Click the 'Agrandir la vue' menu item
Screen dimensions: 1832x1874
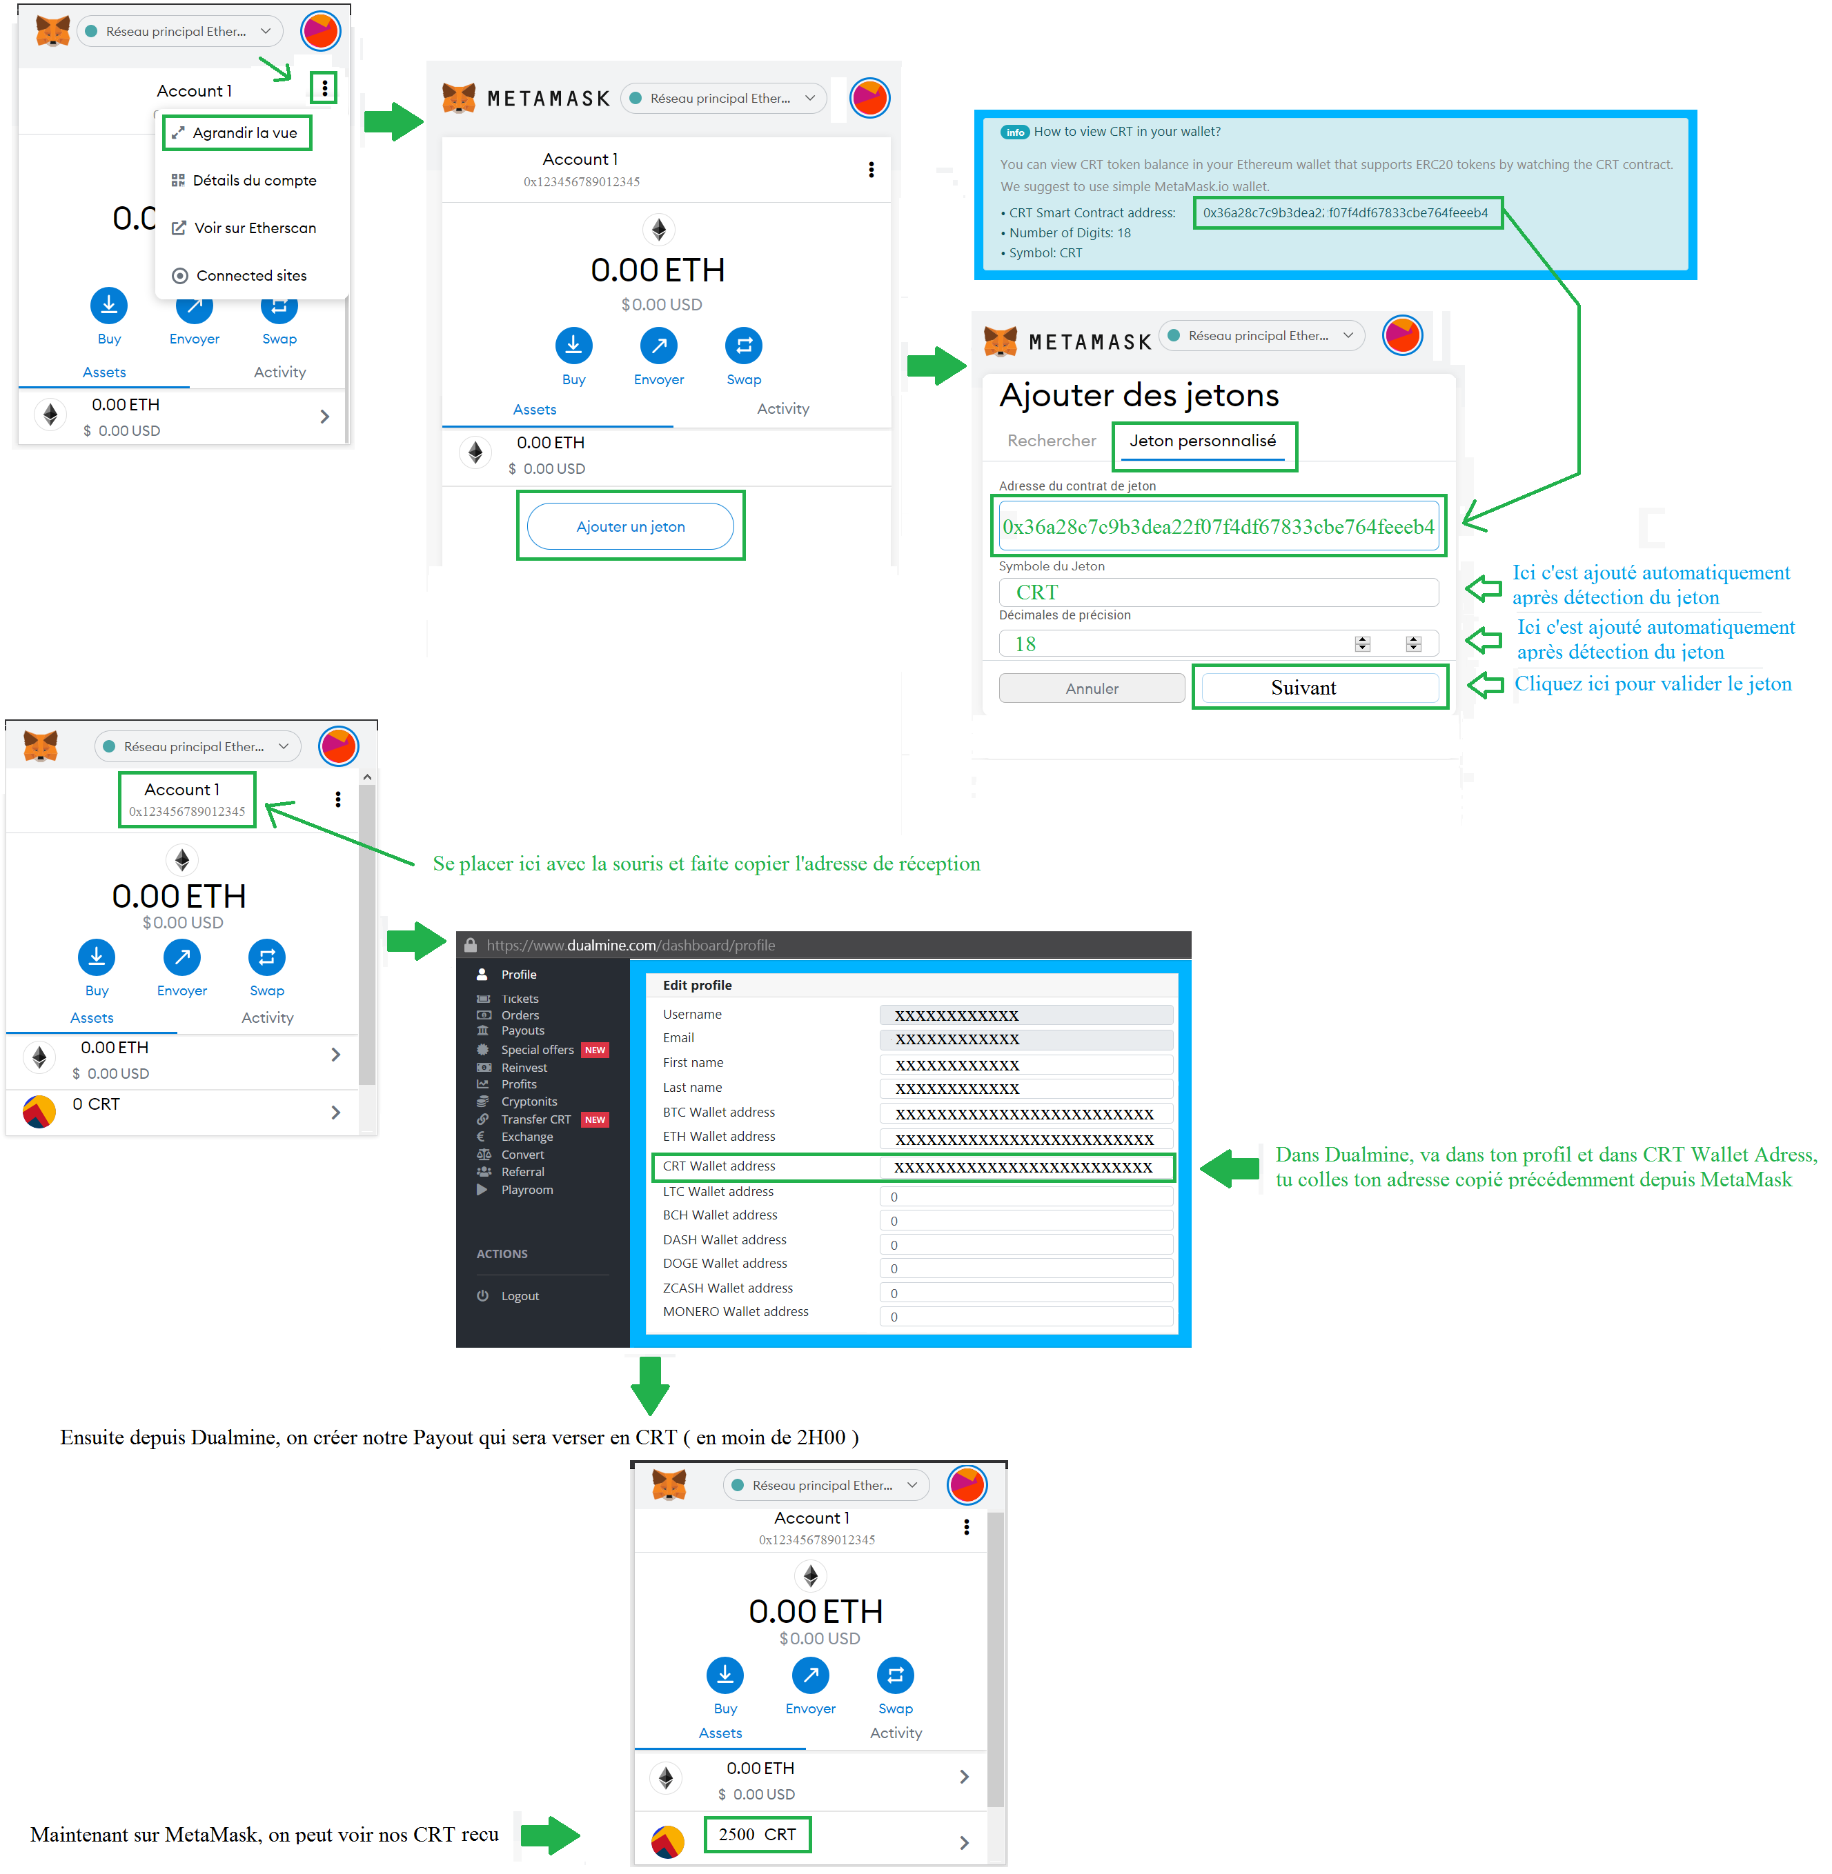pos(236,132)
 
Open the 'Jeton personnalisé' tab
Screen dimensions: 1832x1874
pos(1203,441)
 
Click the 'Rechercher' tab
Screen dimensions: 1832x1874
pos(1052,441)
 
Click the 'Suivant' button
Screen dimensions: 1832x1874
pos(1319,688)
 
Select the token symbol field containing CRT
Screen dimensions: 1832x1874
pos(1218,592)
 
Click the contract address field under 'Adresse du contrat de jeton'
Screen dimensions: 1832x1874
pos(1218,526)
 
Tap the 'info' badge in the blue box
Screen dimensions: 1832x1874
pos(1014,132)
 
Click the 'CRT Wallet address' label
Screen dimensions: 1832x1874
pos(719,1166)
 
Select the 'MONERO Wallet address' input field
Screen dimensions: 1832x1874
pos(1025,1317)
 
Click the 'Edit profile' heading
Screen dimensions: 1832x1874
pos(697,985)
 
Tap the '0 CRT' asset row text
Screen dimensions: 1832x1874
pos(96,1104)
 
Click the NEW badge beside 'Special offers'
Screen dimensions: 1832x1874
pos(595,1050)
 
